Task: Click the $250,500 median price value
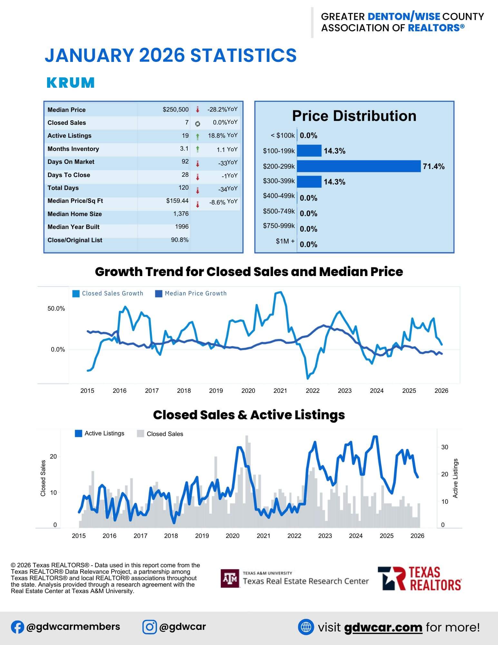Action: coord(175,110)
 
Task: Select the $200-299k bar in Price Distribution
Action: coord(358,166)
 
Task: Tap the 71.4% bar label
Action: coord(434,166)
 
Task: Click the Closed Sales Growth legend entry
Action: coord(108,293)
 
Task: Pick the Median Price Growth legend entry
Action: coord(191,293)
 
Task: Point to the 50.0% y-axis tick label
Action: coord(56,309)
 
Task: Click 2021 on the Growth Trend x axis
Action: coord(280,391)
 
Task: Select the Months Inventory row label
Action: coord(73,149)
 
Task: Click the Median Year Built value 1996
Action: coord(182,227)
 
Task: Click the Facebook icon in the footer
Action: coord(17,627)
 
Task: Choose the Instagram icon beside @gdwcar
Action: coord(150,627)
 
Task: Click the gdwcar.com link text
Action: coord(383,627)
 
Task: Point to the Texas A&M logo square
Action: coord(230,578)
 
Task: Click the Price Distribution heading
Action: coord(354,116)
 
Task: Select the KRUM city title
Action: coord(71,83)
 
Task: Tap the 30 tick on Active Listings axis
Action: coord(444,447)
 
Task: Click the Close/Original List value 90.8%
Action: coord(180,240)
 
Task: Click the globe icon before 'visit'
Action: coord(306,627)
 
